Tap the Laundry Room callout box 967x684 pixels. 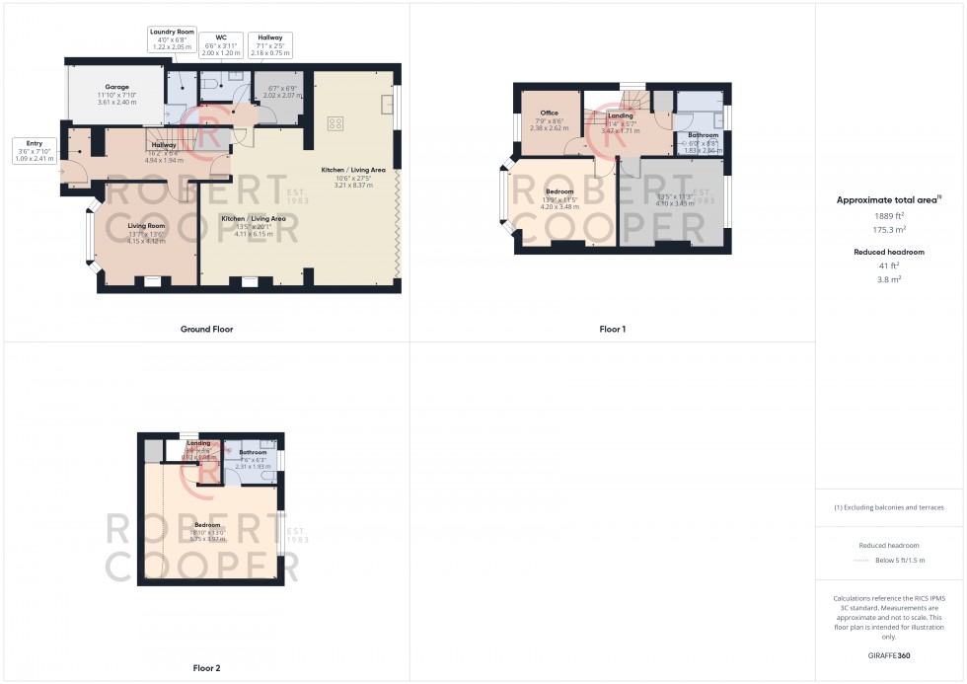[173, 39]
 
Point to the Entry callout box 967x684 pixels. [35, 150]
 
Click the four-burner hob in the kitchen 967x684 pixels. [335, 123]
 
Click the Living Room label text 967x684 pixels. [146, 225]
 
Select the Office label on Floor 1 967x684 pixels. [549, 114]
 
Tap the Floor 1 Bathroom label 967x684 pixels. [703, 135]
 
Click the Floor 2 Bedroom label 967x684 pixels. [207, 525]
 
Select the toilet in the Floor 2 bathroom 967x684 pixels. [266, 476]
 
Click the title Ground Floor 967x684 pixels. [206, 329]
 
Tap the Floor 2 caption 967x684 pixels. [206, 668]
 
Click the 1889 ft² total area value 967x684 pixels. [889, 215]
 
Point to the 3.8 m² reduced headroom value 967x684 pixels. [889, 279]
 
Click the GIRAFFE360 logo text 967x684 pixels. [889, 654]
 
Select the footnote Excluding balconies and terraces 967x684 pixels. [889, 507]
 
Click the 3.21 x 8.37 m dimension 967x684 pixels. [352, 186]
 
